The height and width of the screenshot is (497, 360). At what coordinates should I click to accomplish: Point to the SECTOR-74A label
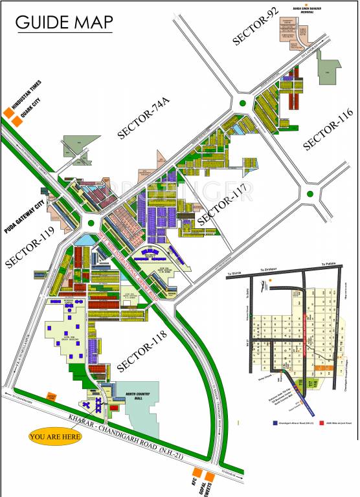coord(147,120)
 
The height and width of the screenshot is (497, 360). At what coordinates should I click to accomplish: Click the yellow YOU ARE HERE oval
coord(55,437)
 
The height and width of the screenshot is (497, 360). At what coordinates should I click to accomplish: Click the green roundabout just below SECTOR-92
coord(243,103)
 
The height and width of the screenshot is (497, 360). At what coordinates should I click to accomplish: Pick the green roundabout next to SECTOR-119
coord(91,223)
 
